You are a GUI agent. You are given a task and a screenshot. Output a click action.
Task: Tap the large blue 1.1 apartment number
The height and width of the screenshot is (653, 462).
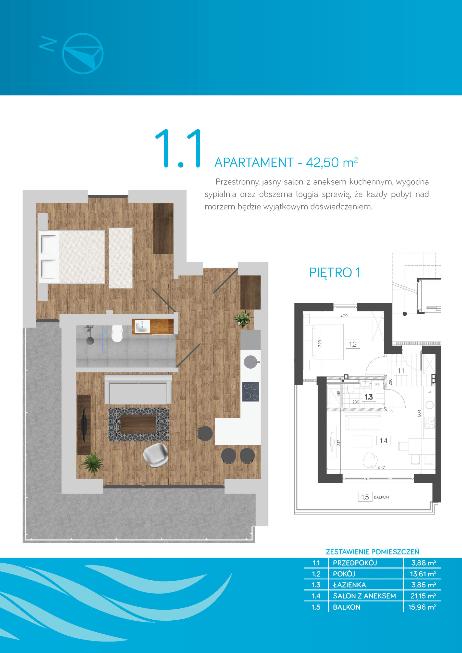pyautogui.click(x=179, y=148)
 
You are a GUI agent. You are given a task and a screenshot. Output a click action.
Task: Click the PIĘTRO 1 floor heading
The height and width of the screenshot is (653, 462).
pyautogui.click(x=334, y=273)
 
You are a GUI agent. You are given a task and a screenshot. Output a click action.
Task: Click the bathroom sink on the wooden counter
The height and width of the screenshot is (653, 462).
pyautogui.click(x=142, y=326)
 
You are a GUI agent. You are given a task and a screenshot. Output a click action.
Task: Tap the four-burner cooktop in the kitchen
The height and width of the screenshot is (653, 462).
pyautogui.click(x=251, y=392)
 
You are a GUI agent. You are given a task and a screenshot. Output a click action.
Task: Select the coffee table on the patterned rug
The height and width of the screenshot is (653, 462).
pyautogui.click(x=138, y=424)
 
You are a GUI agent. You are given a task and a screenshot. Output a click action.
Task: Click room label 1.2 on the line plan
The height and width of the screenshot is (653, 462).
pyautogui.click(x=353, y=344)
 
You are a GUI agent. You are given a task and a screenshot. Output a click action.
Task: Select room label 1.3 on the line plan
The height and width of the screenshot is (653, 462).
pyautogui.click(x=369, y=397)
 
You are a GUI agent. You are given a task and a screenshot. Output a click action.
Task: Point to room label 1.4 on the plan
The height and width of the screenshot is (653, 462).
pyautogui.click(x=383, y=441)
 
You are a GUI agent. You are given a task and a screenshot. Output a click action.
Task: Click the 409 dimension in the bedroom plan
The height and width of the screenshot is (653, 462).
pyautogui.click(x=344, y=316)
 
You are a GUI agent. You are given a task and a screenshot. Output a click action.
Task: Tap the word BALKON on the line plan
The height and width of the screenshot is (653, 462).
pyautogui.click(x=381, y=497)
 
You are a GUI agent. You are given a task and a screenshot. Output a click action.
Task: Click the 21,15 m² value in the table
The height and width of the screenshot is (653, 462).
pyautogui.click(x=423, y=596)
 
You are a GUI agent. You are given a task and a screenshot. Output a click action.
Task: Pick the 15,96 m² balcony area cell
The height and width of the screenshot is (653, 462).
pyautogui.click(x=422, y=607)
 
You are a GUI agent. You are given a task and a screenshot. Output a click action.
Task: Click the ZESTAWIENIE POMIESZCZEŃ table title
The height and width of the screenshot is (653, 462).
pyautogui.click(x=372, y=552)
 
